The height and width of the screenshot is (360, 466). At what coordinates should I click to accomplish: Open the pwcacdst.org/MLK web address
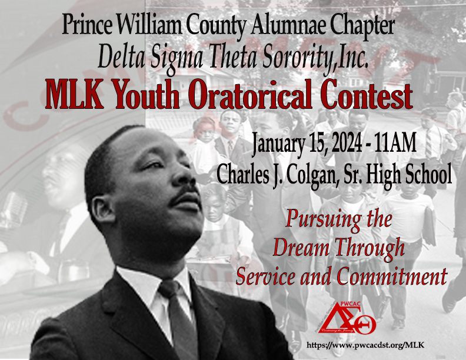pos(365,345)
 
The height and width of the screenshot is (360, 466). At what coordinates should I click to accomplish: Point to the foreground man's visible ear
pos(102,210)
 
